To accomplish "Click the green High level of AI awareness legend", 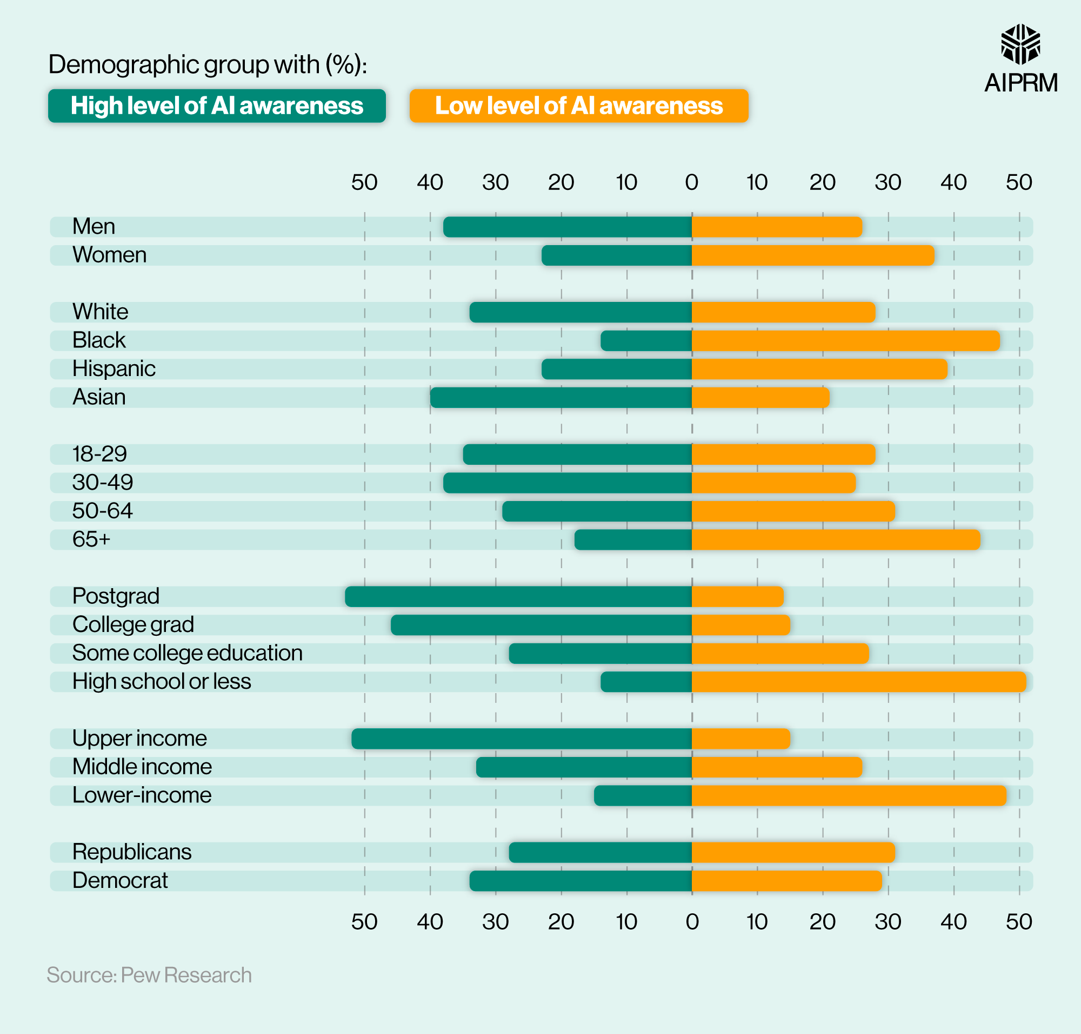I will [216, 106].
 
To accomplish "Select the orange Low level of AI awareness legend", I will [578, 106].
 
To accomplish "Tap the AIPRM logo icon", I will [1020, 44].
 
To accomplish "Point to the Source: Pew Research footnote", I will [149, 974].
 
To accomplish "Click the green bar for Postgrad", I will [518, 596].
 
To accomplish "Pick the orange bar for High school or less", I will [858, 682].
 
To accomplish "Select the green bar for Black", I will [646, 341].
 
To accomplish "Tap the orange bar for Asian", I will [760, 397].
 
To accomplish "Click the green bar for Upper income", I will [521, 739].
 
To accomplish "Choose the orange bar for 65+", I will [836, 539].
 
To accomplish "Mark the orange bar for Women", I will [812, 255].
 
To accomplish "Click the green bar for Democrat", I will [580, 881].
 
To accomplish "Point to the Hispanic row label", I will [114, 368].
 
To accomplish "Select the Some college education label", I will [187, 653].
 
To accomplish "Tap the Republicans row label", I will [132, 852].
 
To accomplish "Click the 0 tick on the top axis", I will [692, 182].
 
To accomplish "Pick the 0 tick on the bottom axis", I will [692, 921].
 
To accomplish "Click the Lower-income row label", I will [142, 795].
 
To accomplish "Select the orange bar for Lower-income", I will [849, 795].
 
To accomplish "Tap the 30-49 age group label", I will [103, 483].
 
